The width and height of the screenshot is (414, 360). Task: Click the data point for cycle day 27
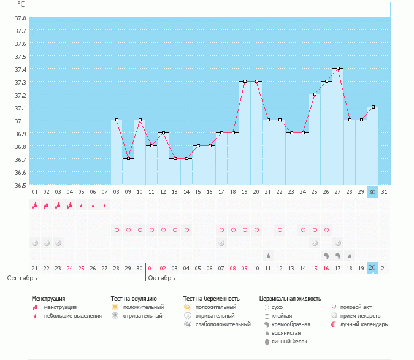[338, 69]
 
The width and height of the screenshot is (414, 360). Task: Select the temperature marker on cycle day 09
[128, 159]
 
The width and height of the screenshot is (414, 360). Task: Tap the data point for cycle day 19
[245, 81]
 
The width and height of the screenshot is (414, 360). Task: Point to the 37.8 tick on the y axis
[20, 17]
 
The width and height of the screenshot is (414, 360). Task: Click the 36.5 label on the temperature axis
[20, 185]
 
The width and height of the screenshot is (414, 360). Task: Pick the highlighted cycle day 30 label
[373, 191]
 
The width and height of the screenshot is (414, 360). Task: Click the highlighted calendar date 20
[373, 267]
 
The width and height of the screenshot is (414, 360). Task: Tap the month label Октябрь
[161, 278]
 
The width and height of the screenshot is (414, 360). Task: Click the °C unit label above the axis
[21, 4]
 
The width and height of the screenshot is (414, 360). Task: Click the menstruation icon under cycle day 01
[35, 205]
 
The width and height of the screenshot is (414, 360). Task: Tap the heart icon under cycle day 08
[117, 231]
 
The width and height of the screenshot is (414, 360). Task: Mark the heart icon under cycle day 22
[280, 231]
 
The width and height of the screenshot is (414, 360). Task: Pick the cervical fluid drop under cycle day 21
[268, 255]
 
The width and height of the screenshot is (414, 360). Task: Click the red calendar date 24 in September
[70, 268]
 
